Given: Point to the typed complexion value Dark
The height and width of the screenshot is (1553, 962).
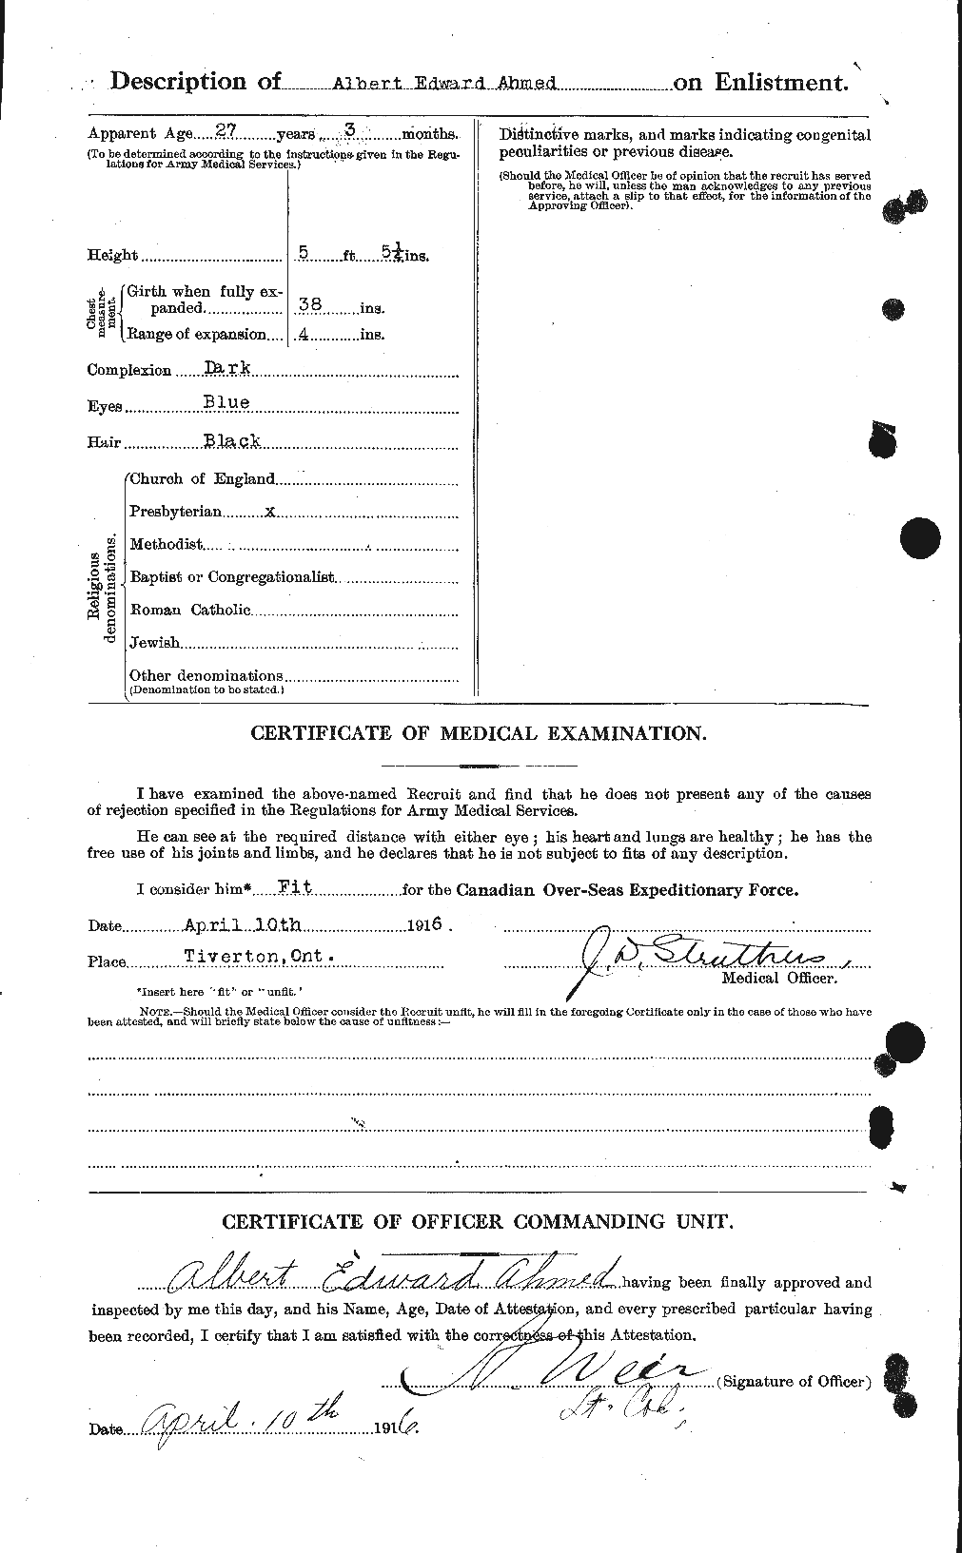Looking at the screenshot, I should (x=226, y=368).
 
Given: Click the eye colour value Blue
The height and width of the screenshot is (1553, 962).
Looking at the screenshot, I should (x=226, y=403).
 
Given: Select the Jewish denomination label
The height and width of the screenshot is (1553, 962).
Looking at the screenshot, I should (x=154, y=643).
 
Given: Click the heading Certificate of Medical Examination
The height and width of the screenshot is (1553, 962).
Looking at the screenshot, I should (x=479, y=733).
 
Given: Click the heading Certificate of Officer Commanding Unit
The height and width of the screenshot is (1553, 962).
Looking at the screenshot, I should (x=479, y=1221).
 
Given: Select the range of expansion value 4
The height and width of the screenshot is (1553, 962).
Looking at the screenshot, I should (x=304, y=334).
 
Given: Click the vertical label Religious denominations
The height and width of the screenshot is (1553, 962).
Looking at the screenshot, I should (x=102, y=586).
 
